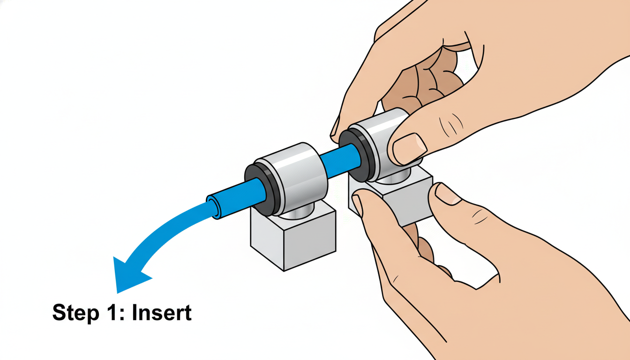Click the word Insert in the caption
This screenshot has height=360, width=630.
pos(162,313)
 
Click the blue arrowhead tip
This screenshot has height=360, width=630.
pos(117,293)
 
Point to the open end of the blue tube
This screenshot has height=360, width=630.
pos(213,207)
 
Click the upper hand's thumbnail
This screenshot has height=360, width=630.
pos(409,148)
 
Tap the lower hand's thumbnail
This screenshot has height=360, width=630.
pos(448,194)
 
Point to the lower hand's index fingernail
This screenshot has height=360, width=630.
pos(358,205)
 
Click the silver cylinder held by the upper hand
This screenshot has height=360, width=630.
pos(382,141)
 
